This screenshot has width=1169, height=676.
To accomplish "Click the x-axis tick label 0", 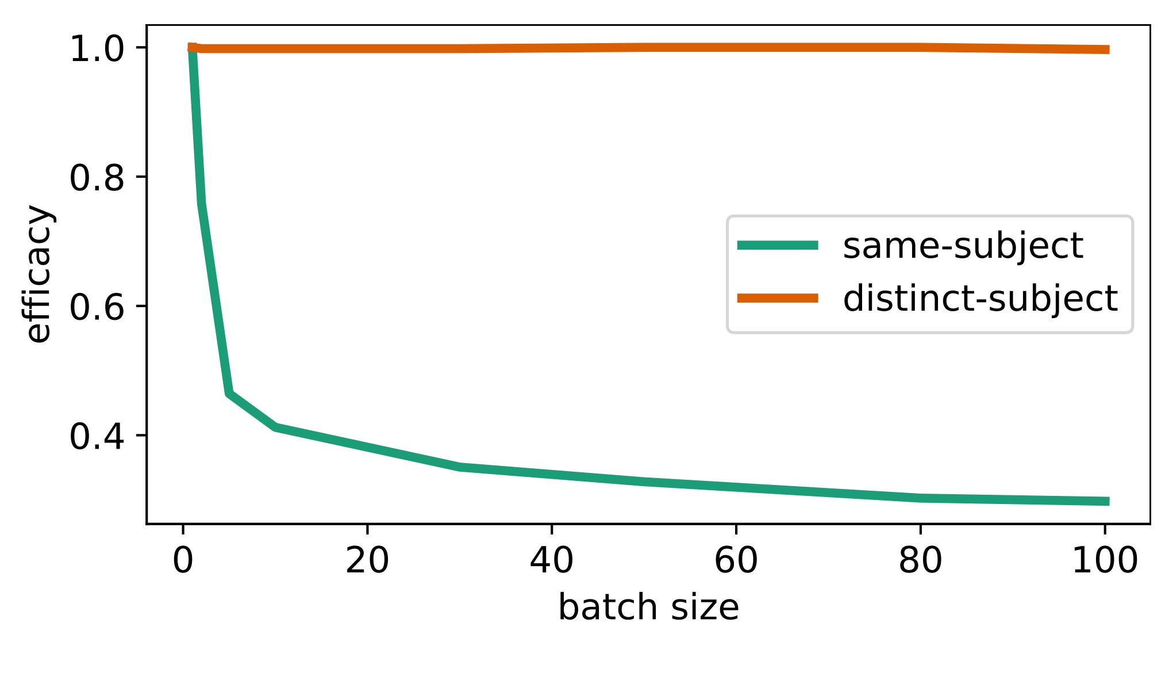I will click(183, 560).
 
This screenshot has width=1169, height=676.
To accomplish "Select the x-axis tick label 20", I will click(367, 560).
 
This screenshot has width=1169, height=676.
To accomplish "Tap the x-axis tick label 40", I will click(552, 560).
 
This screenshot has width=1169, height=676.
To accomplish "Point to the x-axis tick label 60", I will click(736, 560).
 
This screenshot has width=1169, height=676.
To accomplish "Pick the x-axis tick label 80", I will click(921, 560).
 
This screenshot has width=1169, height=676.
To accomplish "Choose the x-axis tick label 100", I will click(1105, 560).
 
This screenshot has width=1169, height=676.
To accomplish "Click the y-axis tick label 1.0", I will click(97, 49).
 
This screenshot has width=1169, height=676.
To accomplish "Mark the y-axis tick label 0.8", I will click(97, 178).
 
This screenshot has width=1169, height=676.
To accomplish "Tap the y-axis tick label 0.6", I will click(97, 307).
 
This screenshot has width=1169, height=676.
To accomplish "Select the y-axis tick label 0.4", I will click(97, 437).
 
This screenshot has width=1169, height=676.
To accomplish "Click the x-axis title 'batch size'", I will click(648, 608).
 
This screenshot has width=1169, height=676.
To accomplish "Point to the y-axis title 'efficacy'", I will click(39, 274).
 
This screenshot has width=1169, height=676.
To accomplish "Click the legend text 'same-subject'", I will click(963, 246).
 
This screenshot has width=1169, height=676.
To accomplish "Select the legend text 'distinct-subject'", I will click(980, 298).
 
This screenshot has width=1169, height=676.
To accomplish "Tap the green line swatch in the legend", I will click(778, 246).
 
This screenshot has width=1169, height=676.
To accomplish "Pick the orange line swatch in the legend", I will click(778, 297).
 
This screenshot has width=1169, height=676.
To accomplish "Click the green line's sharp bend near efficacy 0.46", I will click(229, 394).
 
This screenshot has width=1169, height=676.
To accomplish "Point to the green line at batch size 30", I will click(460, 467).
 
